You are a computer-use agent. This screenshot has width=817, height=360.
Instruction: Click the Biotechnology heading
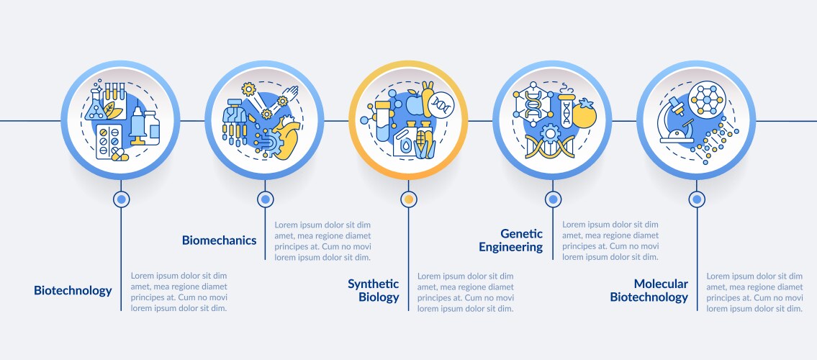click(x=73, y=291)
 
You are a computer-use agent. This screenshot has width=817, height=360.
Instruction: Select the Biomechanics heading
click(x=219, y=240)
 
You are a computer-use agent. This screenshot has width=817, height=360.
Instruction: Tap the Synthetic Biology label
click(x=373, y=290)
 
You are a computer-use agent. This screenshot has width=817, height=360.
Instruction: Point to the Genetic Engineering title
click(x=511, y=240)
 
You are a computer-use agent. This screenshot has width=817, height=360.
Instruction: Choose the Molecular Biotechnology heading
click(x=649, y=290)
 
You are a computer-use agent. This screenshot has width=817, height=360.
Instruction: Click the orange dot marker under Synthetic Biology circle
click(x=409, y=199)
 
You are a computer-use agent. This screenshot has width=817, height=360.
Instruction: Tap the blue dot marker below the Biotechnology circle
click(x=121, y=199)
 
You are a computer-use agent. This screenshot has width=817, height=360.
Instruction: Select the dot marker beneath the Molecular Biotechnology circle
click(x=697, y=199)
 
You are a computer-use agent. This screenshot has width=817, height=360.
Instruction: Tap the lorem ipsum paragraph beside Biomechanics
click(x=322, y=240)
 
